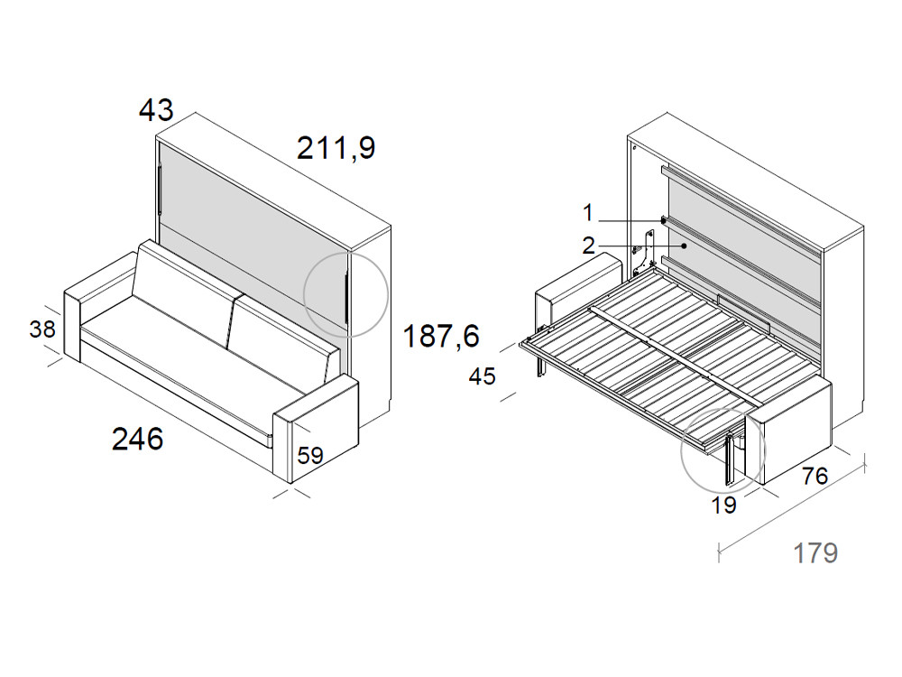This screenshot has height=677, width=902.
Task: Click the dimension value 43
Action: (x=155, y=110)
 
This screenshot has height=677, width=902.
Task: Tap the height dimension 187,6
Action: (x=441, y=336)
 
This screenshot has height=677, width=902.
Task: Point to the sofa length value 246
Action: (x=137, y=440)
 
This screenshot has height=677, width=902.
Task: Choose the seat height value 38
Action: (x=42, y=329)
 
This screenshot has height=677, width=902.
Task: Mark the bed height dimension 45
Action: (x=483, y=376)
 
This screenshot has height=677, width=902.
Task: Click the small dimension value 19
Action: (x=723, y=505)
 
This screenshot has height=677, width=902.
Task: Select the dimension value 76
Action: (x=815, y=476)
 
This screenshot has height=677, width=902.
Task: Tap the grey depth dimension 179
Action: (x=815, y=552)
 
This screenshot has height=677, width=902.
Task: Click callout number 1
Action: (x=588, y=213)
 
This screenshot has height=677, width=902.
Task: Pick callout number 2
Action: (x=588, y=245)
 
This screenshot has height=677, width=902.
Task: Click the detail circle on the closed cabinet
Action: (x=345, y=293)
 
